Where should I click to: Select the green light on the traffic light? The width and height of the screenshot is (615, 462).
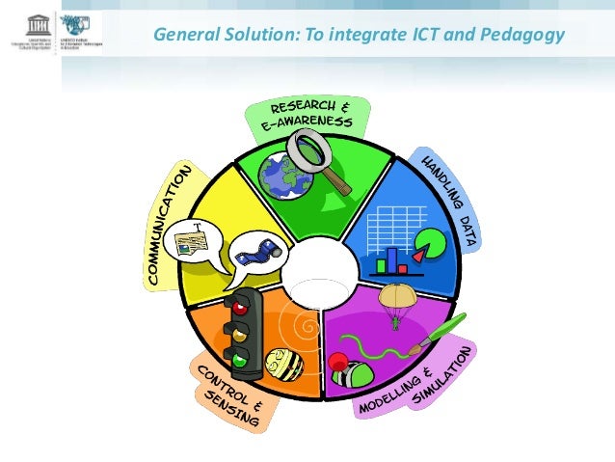click(238, 362)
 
